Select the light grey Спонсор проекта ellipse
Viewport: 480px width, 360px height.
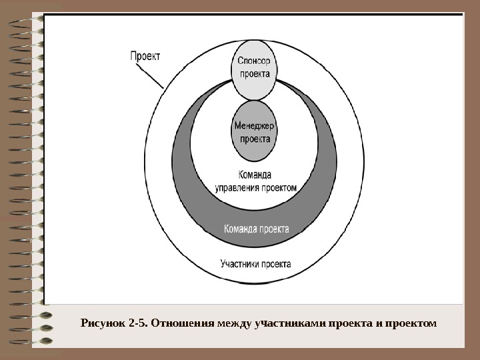pyautogui.click(x=255, y=67)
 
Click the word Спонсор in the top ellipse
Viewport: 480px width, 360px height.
pyautogui.click(x=254, y=61)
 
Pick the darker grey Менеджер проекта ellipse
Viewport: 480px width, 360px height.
pyautogui.click(x=254, y=131)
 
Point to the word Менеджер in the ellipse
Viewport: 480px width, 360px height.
pyautogui.click(x=254, y=125)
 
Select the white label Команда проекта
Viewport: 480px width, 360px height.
pyautogui.click(x=256, y=229)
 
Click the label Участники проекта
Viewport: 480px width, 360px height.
pyautogui.click(x=255, y=263)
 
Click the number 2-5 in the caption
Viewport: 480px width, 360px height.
pyautogui.click(x=138, y=324)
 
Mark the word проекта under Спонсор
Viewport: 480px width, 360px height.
pyautogui.click(x=255, y=74)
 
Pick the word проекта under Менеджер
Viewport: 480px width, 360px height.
pyautogui.click(x=255, y=139)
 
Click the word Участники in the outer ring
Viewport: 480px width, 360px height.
pyautogui.click(x=239, y=263)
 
